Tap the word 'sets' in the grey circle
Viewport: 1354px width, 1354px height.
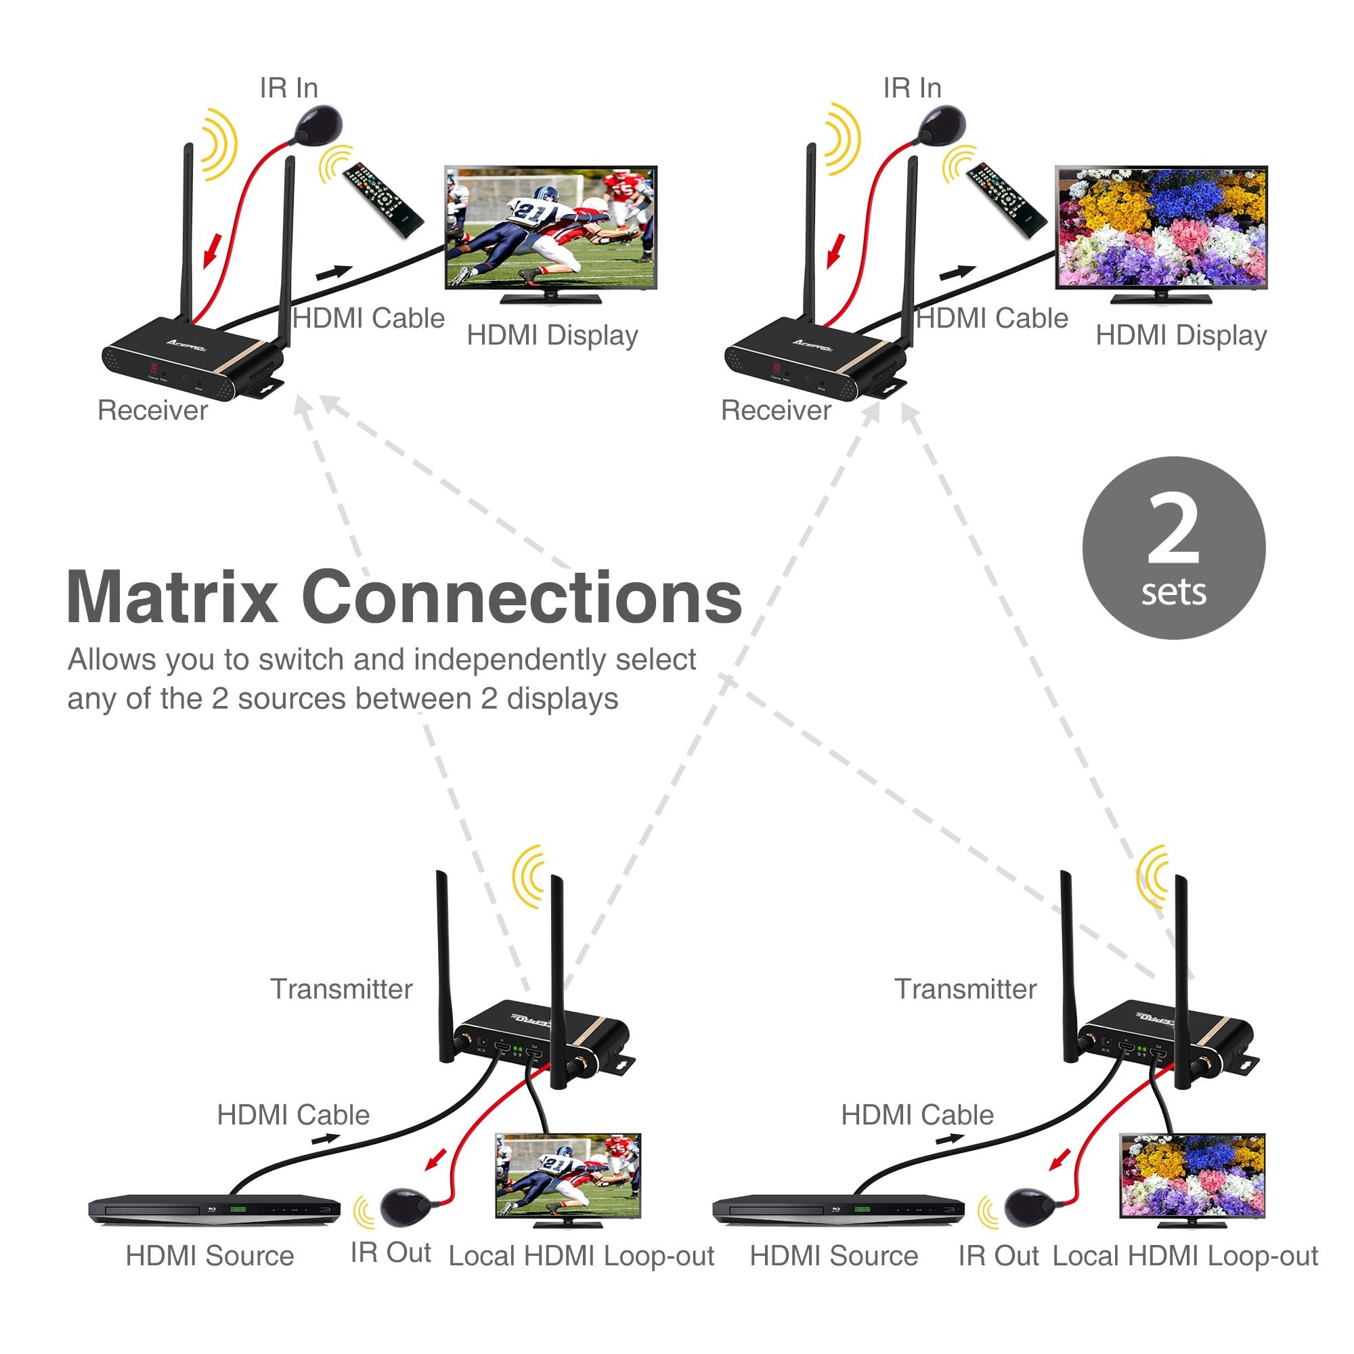(1173, 592)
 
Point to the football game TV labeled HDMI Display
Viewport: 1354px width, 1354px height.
(551, 228)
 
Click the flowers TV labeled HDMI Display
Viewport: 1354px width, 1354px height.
(1161, 228)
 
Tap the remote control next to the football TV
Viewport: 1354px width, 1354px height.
(383, 200)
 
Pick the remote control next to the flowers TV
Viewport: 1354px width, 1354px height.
(1007, 200)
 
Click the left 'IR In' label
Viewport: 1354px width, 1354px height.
(289, 88)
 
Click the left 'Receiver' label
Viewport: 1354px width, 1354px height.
(152, 411)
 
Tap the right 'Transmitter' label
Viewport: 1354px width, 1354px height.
(965, 989)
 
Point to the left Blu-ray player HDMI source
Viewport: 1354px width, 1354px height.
(214, 1209)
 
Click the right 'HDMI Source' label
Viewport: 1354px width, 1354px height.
(833, 1256)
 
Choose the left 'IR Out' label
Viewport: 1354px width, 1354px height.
(391, 1252)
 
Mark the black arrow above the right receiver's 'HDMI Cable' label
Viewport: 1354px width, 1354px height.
(957, 272)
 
